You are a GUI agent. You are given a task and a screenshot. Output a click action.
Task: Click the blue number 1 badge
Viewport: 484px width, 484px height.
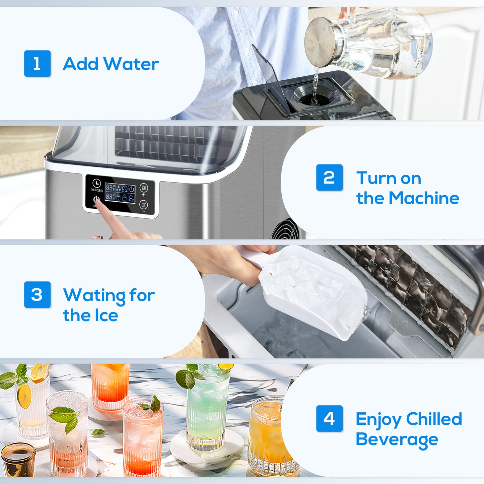(37, 63)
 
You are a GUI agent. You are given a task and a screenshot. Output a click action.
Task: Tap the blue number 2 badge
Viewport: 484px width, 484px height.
(329, 178)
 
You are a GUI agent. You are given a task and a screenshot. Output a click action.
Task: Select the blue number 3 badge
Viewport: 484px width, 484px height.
(37, 294)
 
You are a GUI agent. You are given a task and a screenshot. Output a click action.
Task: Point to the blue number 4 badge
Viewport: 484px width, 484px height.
(329, 418)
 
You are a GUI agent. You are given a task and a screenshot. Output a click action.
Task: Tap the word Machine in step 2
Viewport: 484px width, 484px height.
(424, 198)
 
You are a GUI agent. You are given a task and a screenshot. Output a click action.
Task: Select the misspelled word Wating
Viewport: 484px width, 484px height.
(94, 295)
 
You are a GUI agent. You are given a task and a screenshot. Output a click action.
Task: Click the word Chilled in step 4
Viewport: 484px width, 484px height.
(434, 419)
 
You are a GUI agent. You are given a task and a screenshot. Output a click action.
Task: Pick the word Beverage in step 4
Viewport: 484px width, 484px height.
(397, 439)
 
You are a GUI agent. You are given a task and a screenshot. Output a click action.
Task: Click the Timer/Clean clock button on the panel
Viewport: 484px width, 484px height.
(96, 183)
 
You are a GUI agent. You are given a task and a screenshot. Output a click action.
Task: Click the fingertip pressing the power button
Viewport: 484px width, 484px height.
(98, 202)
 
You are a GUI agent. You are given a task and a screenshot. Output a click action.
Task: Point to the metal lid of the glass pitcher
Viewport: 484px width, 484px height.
(321, 42)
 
